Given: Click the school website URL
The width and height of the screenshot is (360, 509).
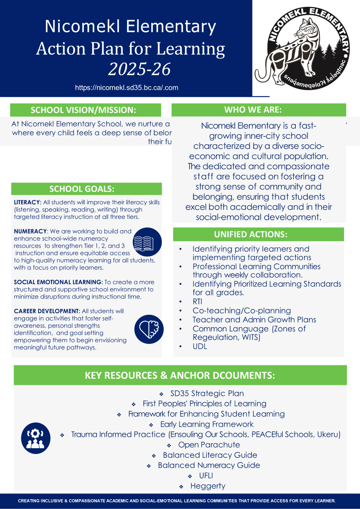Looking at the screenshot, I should (x=127, y=87).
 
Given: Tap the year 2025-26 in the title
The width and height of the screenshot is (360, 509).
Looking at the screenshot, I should (x=139, y=69).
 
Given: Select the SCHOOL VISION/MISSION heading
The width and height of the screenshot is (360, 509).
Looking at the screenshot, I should (x=83, y=110).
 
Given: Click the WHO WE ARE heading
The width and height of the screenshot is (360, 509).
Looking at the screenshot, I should (x=253, y=110).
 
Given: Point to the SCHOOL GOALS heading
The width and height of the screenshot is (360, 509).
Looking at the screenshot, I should (x=82, y=189).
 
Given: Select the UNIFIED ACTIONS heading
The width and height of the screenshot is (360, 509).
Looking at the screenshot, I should (x=251, y=234).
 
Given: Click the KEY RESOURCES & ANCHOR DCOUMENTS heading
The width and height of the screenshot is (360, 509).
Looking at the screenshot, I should (x=180, y=375).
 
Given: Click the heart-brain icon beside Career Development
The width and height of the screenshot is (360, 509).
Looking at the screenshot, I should (x=149, y=329).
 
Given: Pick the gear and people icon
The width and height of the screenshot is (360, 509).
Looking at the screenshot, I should (x=36, y=438).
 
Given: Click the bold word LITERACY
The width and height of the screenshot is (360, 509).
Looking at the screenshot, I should (x=28, y=202).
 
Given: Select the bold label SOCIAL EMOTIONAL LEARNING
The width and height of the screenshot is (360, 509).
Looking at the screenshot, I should (x=58, y=282).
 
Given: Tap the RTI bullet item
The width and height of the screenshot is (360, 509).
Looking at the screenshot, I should (x=197, y=301).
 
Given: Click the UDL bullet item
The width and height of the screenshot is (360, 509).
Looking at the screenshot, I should (x=200, y=346).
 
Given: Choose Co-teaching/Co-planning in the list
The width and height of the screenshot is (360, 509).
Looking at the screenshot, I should (x=242, y=311).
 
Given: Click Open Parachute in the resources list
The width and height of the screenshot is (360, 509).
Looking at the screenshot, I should (x=209, y=445).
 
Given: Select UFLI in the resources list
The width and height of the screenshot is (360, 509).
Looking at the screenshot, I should (x=206, y=476).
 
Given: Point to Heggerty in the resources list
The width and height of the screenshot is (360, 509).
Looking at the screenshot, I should (x=208, y=486).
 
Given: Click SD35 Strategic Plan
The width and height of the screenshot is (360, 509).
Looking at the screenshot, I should (x=207, y=393).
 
